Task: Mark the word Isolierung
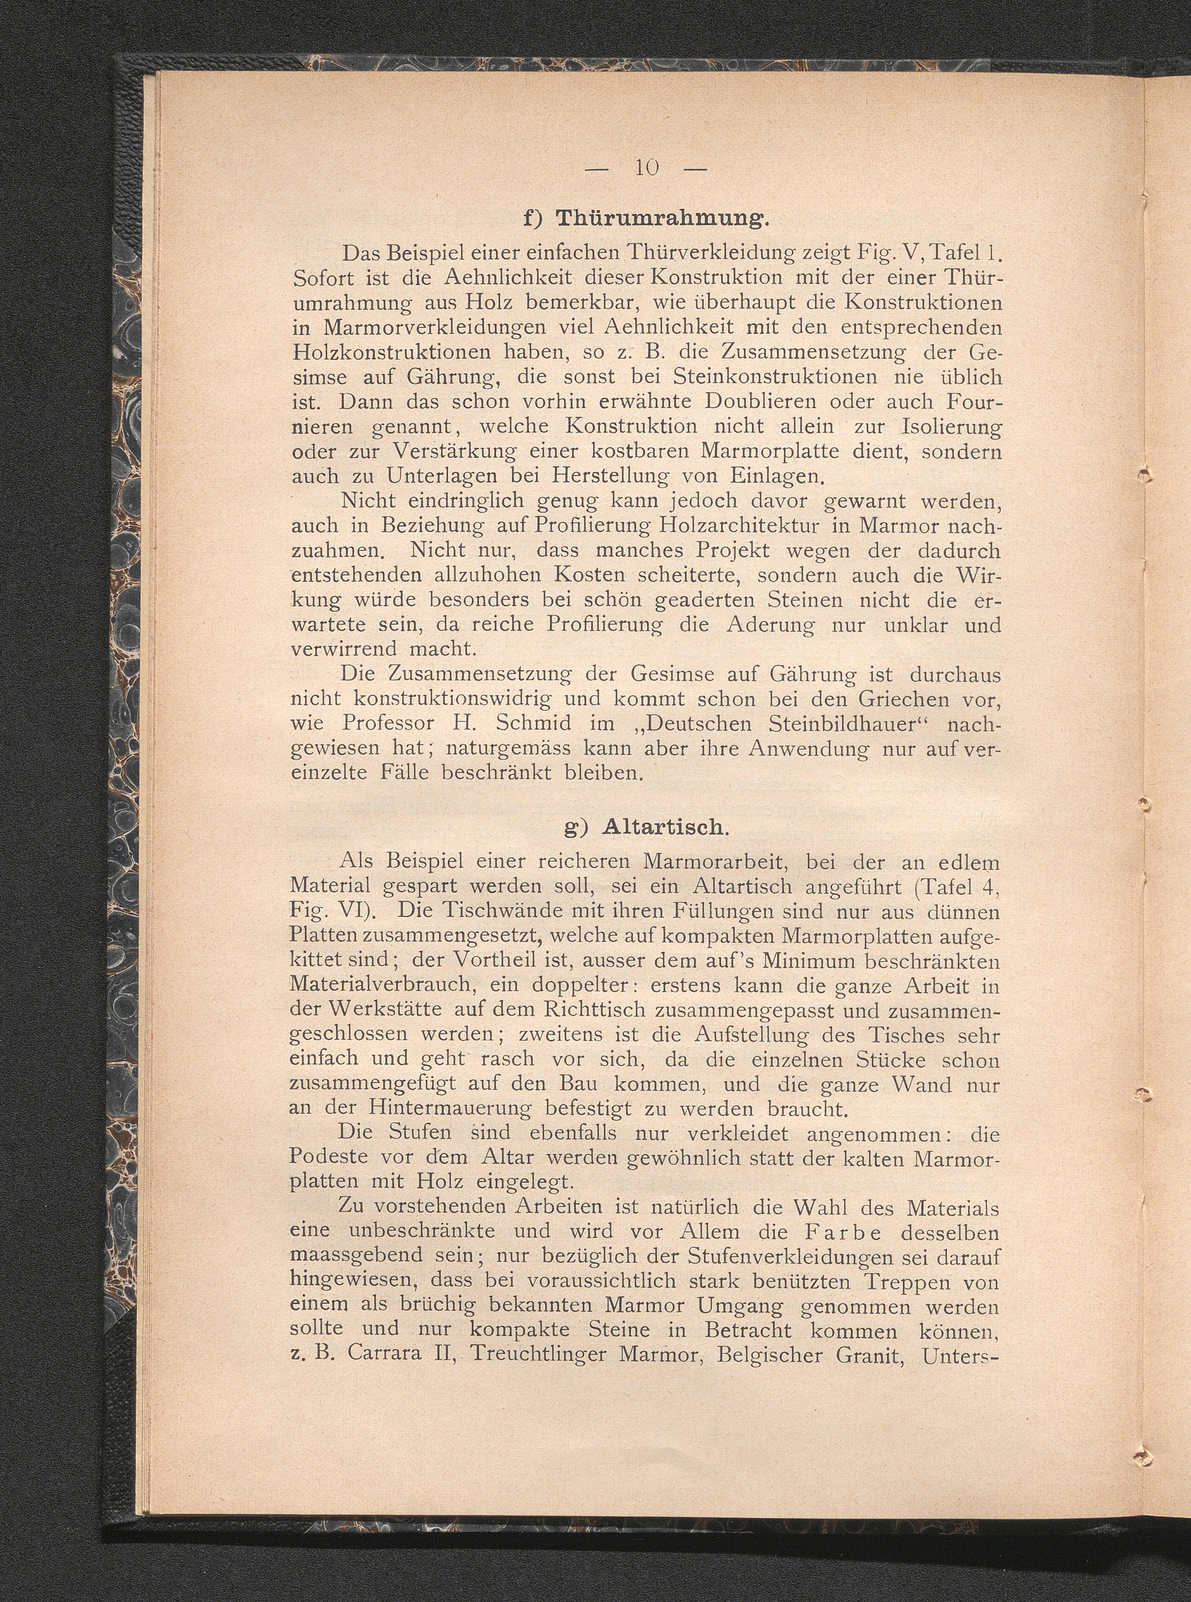point(951,427)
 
